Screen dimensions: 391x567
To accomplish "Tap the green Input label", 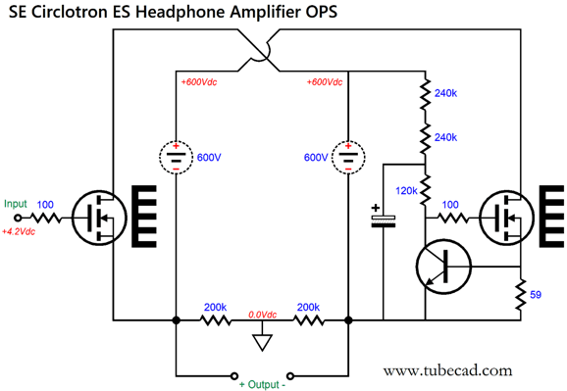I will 16,204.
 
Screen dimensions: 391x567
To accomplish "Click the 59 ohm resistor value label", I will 535,293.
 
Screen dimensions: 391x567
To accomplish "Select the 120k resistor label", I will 408,190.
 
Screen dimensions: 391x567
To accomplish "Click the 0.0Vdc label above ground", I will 261,313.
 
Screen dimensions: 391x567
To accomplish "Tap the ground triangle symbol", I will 261,343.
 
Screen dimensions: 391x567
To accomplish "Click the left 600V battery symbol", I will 176,157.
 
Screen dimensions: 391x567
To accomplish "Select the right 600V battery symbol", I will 349,157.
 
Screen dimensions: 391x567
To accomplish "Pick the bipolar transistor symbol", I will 443,264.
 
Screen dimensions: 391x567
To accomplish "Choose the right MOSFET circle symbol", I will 506,217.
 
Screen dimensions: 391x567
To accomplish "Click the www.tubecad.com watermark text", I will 447,370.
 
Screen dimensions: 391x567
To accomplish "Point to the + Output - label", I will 263,384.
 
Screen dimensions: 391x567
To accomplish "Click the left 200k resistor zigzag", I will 215,319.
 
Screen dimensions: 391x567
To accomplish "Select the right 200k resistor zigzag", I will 308,319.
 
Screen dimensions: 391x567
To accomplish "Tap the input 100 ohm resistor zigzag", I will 46,217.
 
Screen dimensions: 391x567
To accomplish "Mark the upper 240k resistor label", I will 444,93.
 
